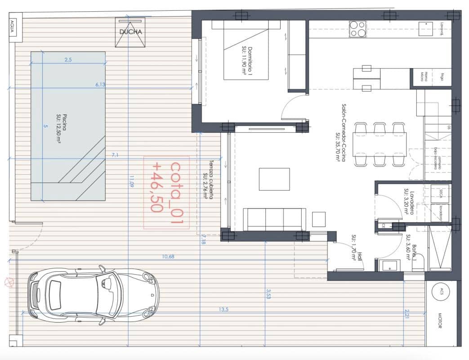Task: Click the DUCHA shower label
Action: click(131, 32)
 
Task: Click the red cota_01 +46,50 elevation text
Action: click(166, 192)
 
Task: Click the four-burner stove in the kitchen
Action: click(357, 29)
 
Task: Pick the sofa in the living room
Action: click(274, 219)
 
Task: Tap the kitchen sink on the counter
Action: click(425, 29)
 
